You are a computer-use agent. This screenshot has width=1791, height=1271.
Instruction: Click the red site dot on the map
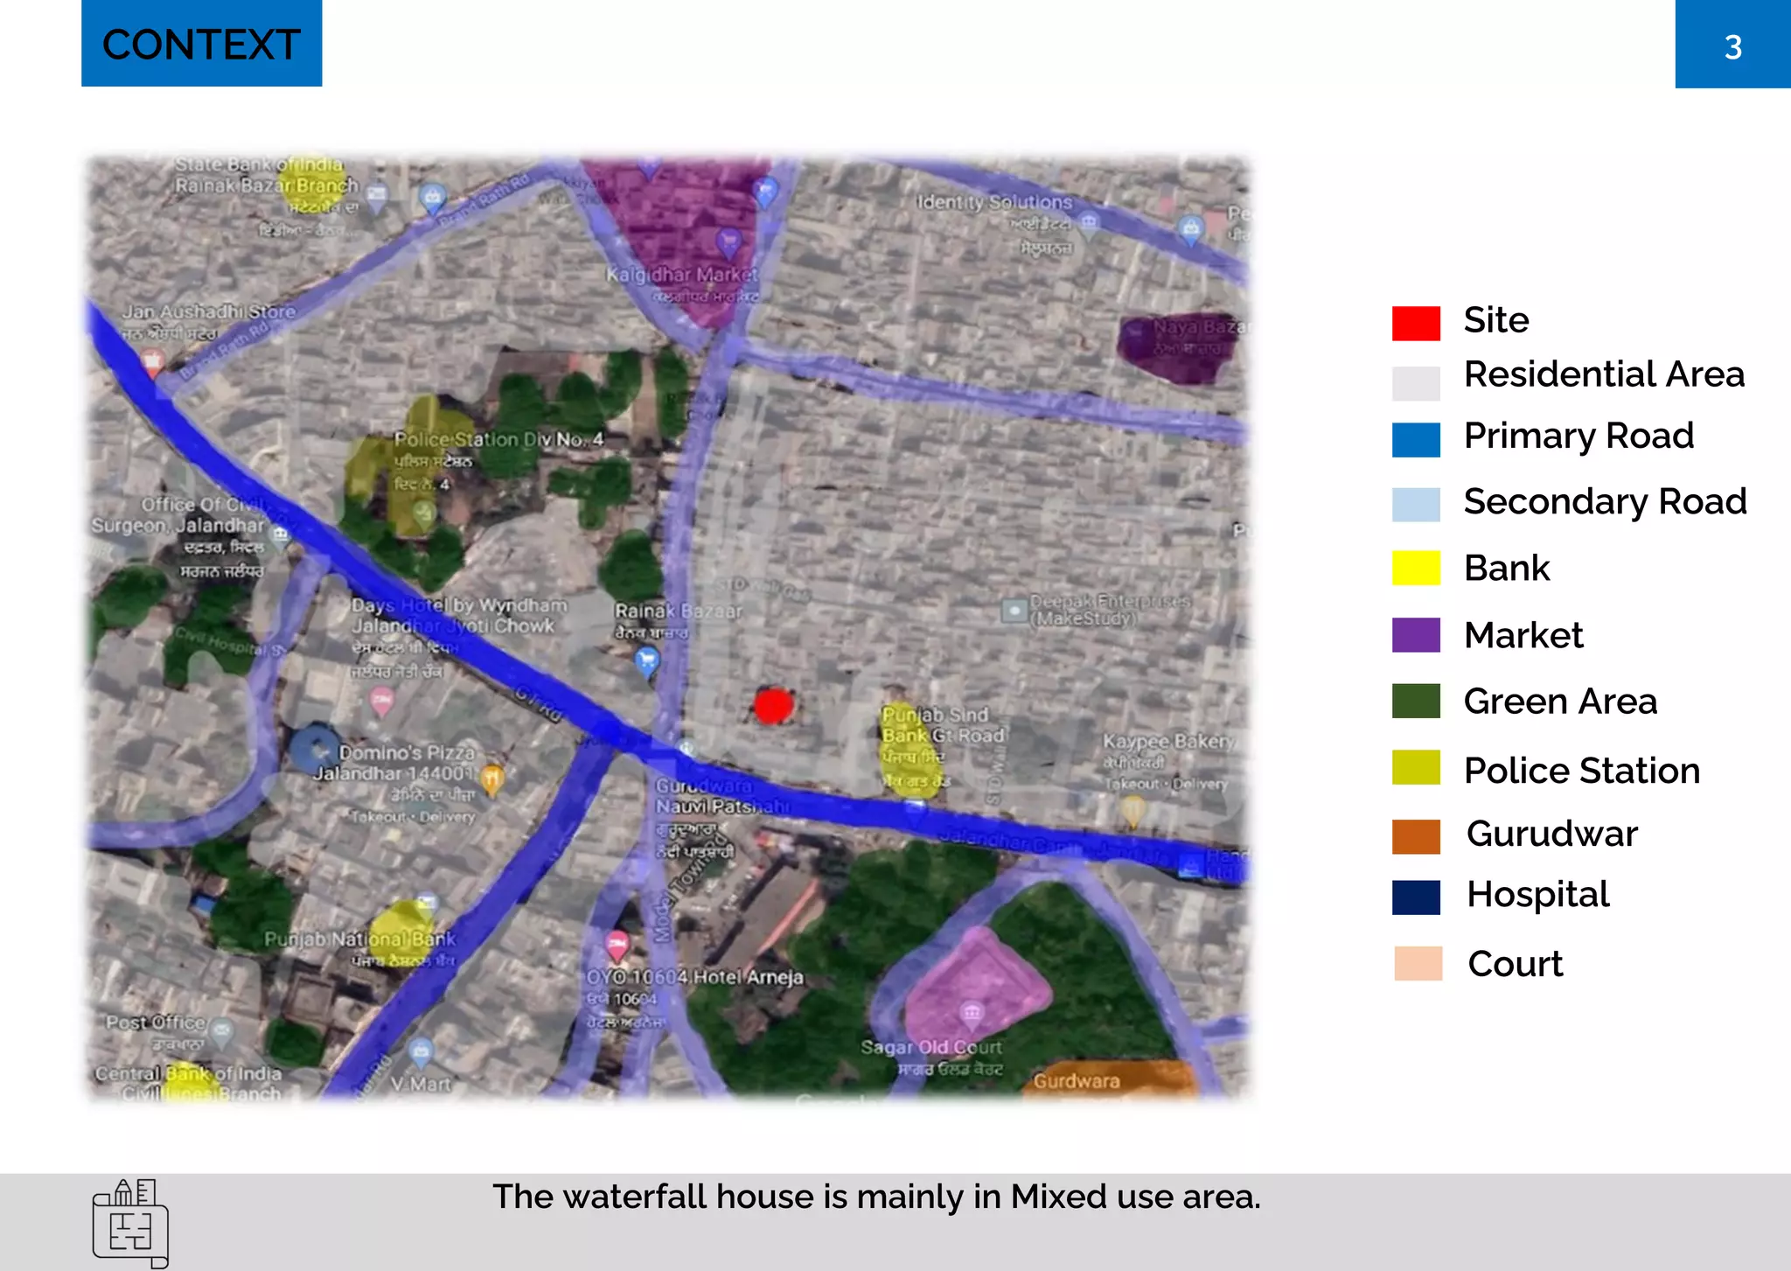coord(773,705)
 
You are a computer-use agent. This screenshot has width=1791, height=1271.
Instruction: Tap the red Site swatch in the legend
coord(1416,323)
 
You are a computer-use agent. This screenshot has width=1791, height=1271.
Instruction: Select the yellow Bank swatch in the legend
coord(1416,568)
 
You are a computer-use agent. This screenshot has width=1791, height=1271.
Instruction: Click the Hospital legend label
coord(1537,895)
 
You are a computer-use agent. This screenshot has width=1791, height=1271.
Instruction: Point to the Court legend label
coord(1515,964)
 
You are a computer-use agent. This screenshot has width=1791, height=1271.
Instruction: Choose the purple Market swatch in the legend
coord(1416,635)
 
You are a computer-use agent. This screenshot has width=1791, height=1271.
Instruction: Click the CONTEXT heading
coord(201,45)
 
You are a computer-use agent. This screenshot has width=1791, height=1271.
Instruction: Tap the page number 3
coord(1732,47)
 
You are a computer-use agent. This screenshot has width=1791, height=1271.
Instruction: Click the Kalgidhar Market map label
coord(682,275)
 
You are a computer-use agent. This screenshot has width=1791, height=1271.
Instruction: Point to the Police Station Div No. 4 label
coord(498,439)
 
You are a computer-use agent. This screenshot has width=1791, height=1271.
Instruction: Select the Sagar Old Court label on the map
coord(930,1047)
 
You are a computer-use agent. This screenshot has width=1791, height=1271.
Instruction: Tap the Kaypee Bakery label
coord(1168,742)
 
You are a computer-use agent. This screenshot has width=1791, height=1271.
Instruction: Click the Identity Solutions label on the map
coord(994,203)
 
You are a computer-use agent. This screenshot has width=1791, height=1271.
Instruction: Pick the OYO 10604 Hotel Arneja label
coord(694,977)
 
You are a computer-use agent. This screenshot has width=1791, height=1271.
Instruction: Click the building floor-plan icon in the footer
coord(130,1223)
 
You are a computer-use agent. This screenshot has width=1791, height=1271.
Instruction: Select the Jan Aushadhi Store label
coord(208,311)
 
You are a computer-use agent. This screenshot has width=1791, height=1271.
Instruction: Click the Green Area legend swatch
coord(1416,702)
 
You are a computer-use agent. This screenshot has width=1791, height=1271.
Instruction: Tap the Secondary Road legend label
coord(1605,502)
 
